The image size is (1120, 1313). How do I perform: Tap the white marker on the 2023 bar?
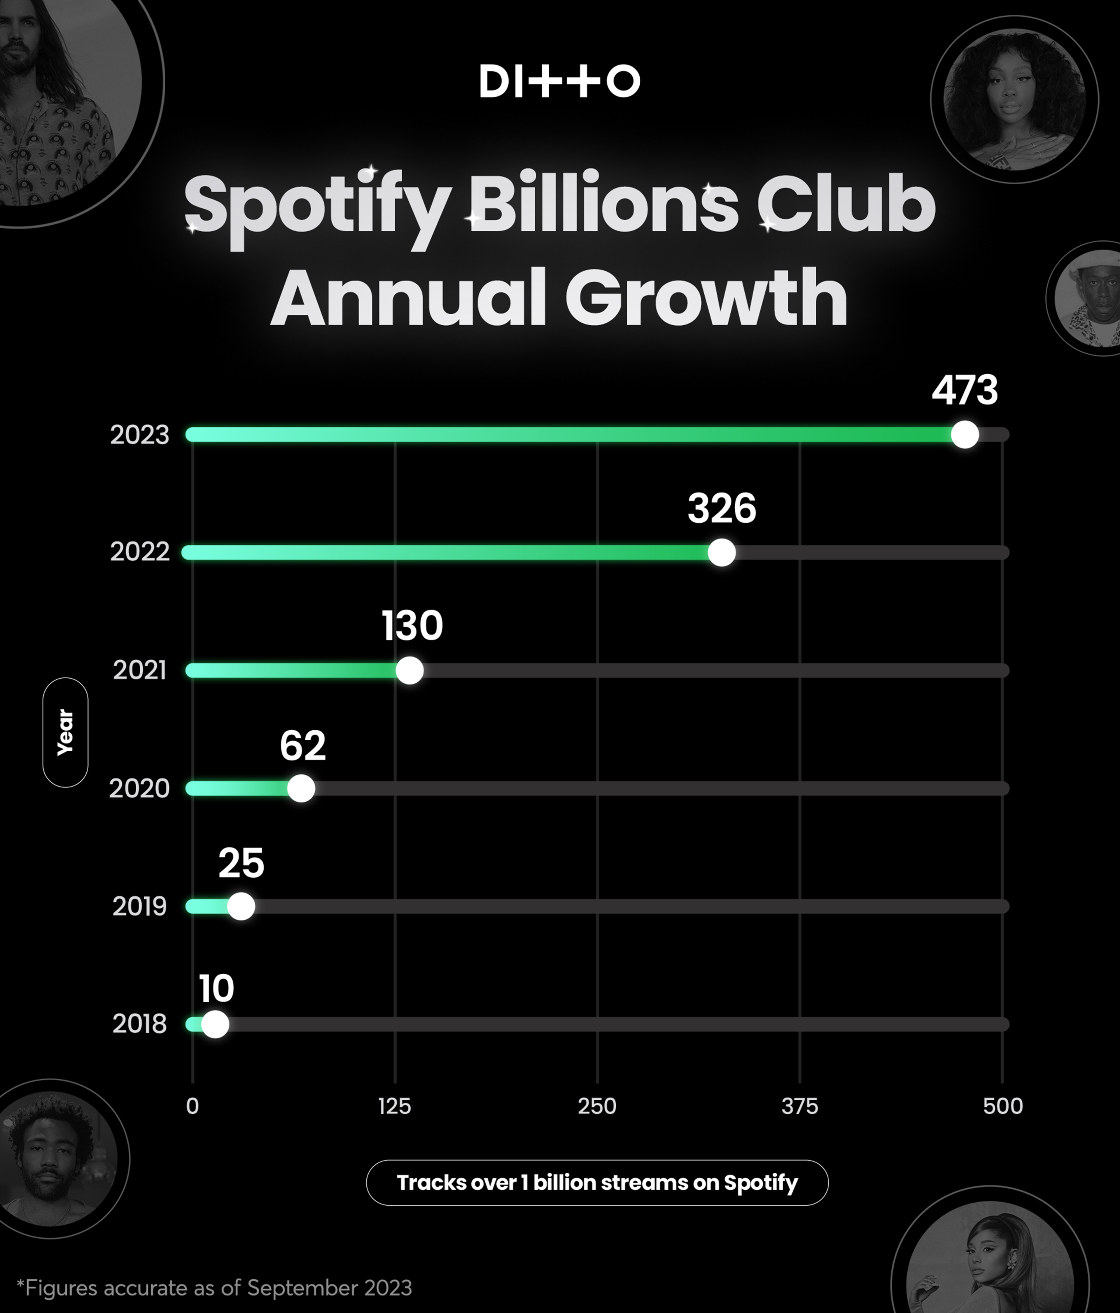point(965,435)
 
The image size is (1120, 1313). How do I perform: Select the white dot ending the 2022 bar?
point(722,553)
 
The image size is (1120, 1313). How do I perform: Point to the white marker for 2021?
point(409,671)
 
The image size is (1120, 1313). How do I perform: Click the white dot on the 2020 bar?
point(301,788)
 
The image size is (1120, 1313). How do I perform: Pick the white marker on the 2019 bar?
point(241,906)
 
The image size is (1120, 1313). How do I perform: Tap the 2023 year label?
point(139,435)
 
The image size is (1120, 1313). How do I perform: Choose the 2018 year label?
point(139,1024)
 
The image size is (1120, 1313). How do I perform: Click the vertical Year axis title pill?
point(65,733)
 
